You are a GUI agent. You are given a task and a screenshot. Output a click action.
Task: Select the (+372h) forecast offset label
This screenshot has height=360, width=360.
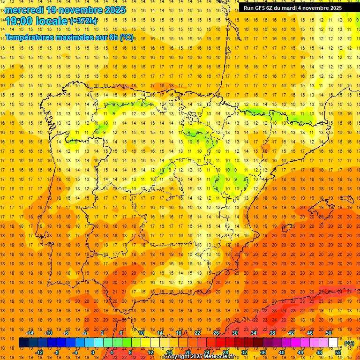[x=83, y=21]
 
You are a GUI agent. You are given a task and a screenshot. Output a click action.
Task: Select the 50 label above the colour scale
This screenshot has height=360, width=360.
[x=329, y=333]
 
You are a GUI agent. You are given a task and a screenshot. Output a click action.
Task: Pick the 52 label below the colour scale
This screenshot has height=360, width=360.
[x=338, y=352]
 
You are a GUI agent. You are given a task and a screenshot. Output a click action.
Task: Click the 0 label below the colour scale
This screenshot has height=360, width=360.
[x=93, y=352]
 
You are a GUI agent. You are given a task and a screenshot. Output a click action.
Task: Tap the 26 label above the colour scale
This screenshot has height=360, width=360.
[x=216, y=333]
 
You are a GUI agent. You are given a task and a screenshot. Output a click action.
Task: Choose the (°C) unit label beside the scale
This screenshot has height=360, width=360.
[x=349, y=343]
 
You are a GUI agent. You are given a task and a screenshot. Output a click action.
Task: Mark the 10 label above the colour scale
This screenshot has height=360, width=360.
[x=141, y=333]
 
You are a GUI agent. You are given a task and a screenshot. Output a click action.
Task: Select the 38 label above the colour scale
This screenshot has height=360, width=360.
[x=272, y=333]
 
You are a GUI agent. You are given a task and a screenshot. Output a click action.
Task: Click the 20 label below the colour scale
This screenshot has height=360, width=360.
[x=188, y=352]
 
